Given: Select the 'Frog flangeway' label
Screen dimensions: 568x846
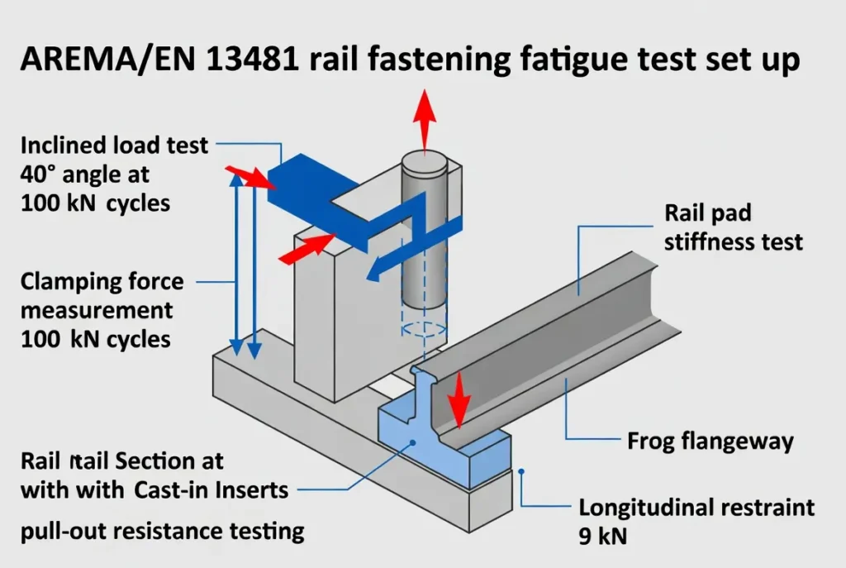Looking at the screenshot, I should click(x=711, y=441).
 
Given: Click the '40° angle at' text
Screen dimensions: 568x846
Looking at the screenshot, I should click(x=84, y=174).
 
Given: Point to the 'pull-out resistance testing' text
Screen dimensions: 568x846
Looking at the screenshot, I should click(x=162, y=529).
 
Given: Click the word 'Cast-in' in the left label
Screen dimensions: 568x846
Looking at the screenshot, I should click(x=173, y=489).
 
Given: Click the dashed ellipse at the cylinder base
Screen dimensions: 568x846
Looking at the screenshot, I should click(x=424, y=328).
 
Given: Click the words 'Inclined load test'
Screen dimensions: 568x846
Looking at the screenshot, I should click(x=115, y=147).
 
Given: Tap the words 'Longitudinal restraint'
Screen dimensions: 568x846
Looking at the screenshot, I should click(x=696, y=506).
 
